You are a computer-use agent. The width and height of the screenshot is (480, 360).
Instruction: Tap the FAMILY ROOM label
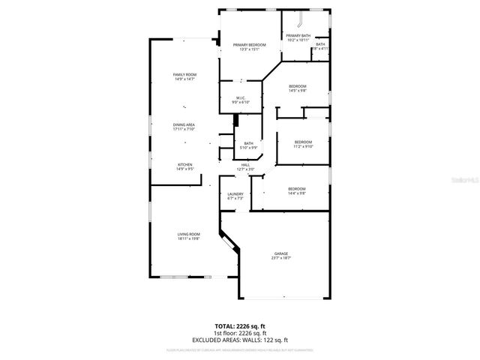[x=184, y=74]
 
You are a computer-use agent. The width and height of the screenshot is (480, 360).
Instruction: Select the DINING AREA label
[x=184, y=124]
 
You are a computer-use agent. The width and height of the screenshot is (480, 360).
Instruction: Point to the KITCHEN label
[x=184, y=164]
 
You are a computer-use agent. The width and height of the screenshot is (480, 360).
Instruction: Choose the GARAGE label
[x=280, y=253]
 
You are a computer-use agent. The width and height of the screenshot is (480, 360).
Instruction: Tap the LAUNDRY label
[x=235, y=194]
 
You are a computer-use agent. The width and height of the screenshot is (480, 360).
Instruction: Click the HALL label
[x=245, y=165]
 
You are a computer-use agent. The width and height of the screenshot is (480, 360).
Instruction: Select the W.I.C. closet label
[x=241, y=97]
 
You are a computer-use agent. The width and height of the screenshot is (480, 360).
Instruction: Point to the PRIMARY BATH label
[x=298, y=35]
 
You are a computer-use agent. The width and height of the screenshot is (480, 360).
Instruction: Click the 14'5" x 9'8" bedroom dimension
[x=297, y=91]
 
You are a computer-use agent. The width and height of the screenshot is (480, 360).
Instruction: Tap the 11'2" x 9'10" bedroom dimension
[x=303, y=146]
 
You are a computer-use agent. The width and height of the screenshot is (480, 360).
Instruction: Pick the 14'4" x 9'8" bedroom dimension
[x=297, y=193]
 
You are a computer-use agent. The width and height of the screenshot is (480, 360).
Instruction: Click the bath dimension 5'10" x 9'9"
[x=247, y=148]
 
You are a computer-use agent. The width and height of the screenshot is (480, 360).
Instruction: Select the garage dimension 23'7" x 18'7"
[x=280, y=258]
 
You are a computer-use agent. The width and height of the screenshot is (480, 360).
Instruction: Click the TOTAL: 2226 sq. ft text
[x=240, y=327]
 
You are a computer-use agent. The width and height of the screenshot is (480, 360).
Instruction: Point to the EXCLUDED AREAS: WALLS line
[x=240, y=340]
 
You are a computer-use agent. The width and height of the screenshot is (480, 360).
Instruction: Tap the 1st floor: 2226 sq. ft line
[x=240, y=334]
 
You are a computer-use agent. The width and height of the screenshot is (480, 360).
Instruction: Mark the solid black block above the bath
[x=237, y=120]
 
